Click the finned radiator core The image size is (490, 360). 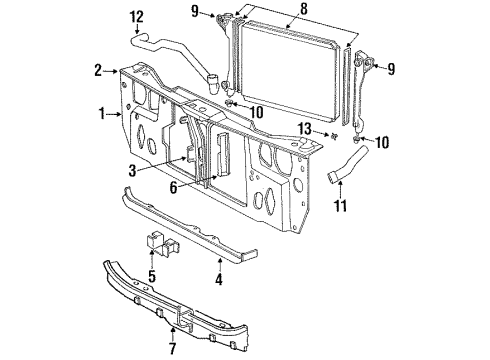click(290, 70)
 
